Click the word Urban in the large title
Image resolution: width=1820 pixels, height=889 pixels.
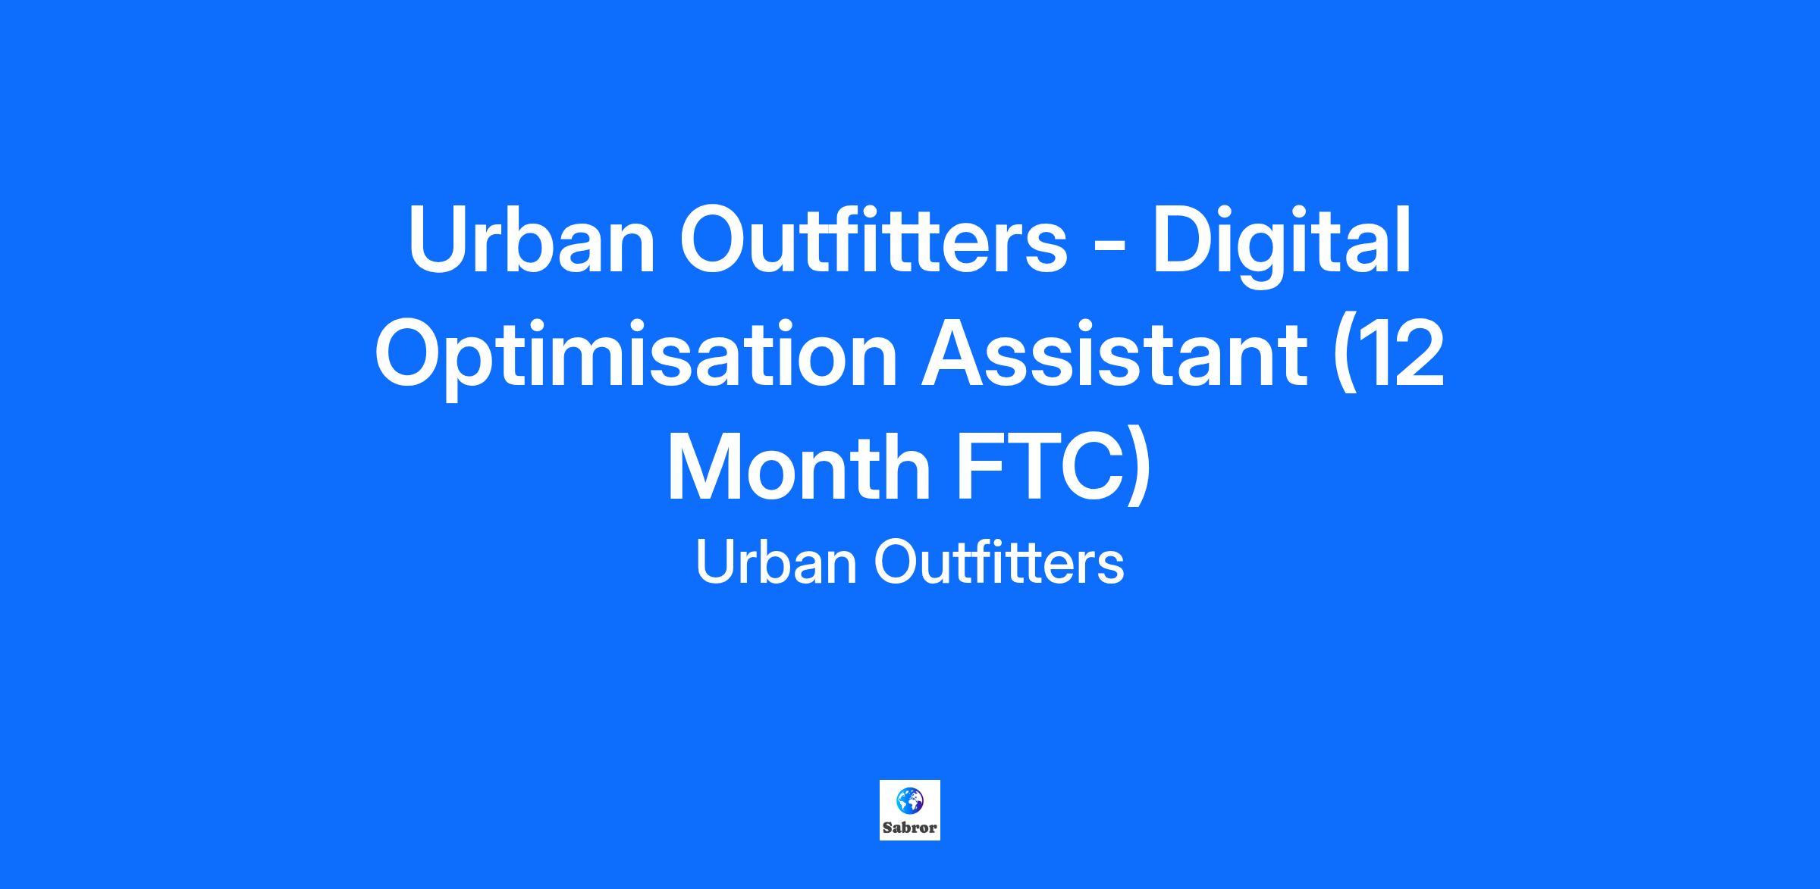[x=532, y=240]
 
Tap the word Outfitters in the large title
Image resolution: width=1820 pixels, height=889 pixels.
[x=873, y=239]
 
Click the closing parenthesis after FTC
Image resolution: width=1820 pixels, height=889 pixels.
[x=1138, y=469]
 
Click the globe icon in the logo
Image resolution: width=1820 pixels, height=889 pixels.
[x=909, y=800]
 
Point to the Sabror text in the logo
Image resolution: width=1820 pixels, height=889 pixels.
[x=909, y=828]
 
